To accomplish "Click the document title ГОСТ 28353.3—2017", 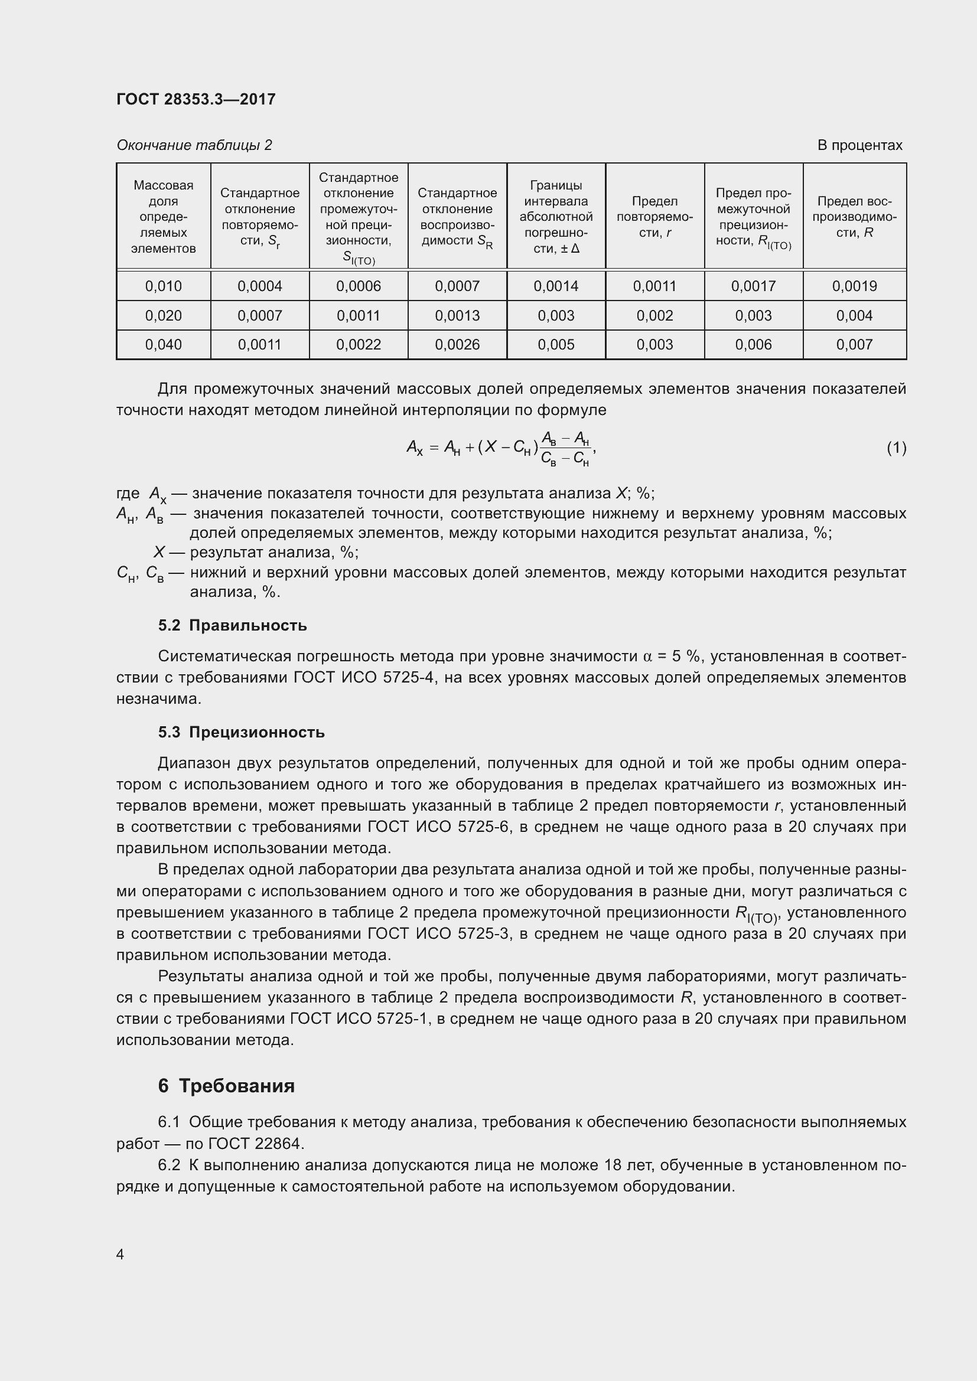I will click(x=196, y=99).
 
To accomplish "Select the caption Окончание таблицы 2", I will click(x=194, y=145).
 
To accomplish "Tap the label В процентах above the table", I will click(x=859, y=145).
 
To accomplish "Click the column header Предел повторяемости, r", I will click(x=654, y=217).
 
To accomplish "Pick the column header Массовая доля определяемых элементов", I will click(x=163, y=217).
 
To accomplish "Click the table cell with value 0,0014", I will click(x=556, y=286).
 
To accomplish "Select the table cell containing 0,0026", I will click(x=457, y=345).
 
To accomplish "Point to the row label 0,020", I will click(x=163, y=316).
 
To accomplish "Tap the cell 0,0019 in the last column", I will click(x=854, y=286).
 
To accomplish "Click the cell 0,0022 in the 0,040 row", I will click(x=359, y=345).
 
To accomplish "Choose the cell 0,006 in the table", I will click(x=753, y=345).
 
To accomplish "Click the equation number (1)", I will click(x=896, y=448).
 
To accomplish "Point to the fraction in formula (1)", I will click(x=565, y=448).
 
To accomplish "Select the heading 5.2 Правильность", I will click(x=232, y=625).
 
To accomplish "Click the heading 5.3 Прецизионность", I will click(x=241, y=732).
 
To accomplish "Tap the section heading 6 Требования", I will click(x=226, y=1086).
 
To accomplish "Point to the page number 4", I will click(x=121, y=1255).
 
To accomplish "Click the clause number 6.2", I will click(x=169, y=1165).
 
